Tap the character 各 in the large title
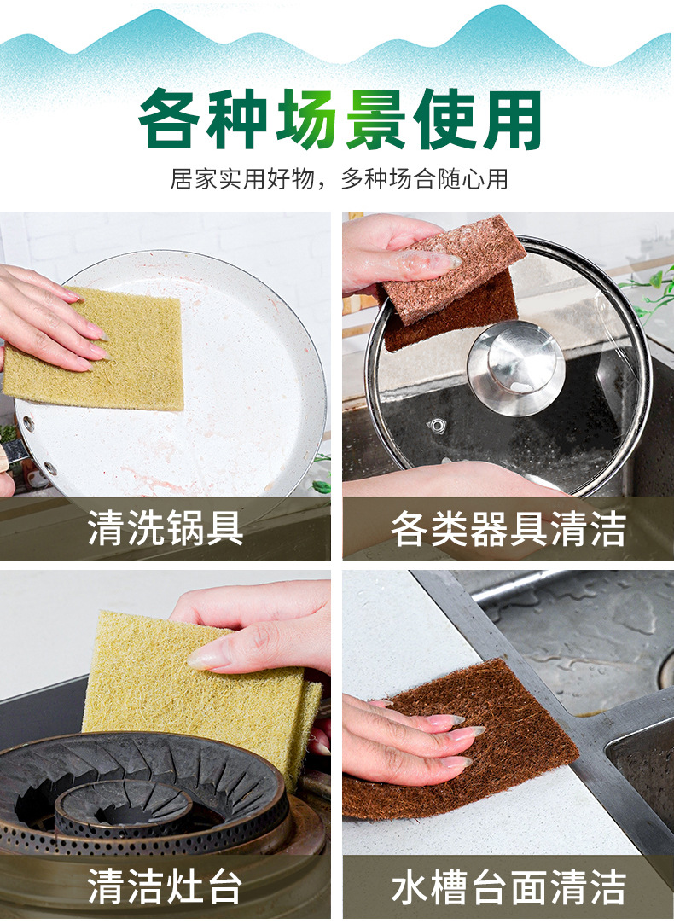pyautogui.click(x=173, y=119)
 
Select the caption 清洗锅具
pyautogui.click(x=166, y=529)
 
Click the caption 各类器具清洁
pyautogui.click(x=508, y=529)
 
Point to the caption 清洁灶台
pyautogui.click(x=166, y=887)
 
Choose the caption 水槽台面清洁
pyautogui.click(x=508, y=887)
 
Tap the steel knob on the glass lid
pyautogui.click(x=515, y=367)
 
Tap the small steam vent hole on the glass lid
pyautogui.click(x=439, y=424)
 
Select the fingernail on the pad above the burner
pyautogui.click(x=208, y=657)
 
